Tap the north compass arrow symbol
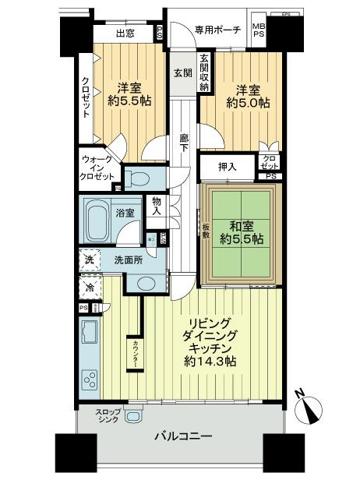click(310, 404)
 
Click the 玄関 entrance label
click(182, 72)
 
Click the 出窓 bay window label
click(124, 34)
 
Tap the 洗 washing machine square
click(89, 259)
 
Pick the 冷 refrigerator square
click(88, 286)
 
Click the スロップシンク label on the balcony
click(108, 417)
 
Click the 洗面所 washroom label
click(129, 259)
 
